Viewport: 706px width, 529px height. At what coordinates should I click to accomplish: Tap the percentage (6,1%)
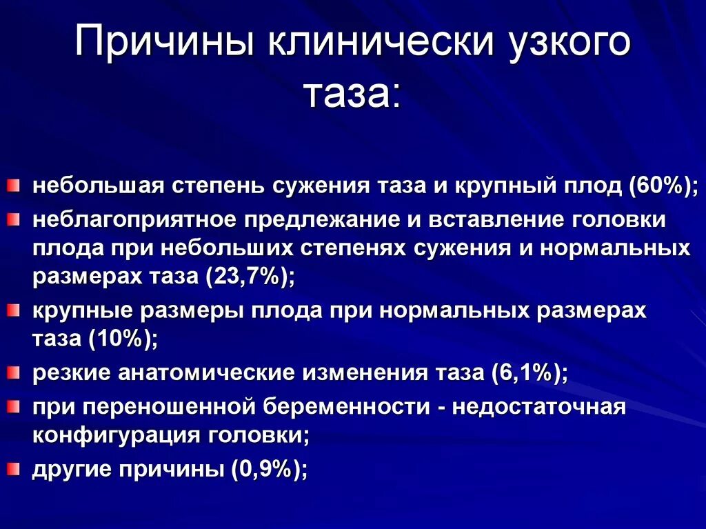coord(529,373)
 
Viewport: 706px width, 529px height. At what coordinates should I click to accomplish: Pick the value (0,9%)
coord(269,470)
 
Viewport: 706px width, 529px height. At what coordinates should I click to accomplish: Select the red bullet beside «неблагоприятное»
coord(14,219)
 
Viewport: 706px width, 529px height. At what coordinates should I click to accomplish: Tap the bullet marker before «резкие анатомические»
coord(14,373)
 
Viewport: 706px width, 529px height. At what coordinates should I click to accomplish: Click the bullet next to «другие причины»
coord(14,470)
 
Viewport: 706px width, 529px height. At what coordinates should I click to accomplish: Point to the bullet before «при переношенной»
coord(14,406)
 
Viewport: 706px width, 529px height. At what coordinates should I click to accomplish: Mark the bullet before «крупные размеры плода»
coord(14,311)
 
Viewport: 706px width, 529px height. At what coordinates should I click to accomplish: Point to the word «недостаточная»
coord(540,406)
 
